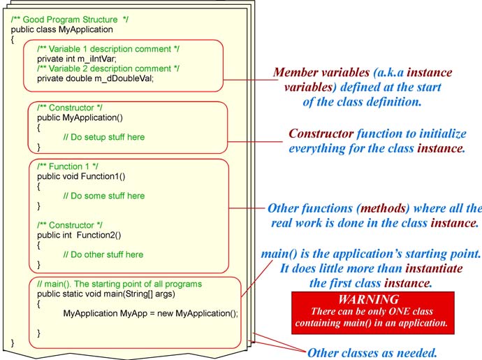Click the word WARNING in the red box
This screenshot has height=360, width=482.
(369, 299)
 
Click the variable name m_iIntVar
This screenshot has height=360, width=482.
(97, 59)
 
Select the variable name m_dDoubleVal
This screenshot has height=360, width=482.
(124, 78)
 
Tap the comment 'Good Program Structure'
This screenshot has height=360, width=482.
(71, 20)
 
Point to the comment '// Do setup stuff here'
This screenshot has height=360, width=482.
(104, 137)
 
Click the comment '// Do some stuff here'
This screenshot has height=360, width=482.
(104, 196)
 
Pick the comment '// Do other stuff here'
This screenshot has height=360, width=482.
(103, 254)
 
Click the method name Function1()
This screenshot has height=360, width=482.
(103, 176)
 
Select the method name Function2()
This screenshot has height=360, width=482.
(99, 235)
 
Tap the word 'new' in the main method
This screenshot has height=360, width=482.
(165, 314)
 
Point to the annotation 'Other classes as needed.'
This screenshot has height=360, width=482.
(372, 353)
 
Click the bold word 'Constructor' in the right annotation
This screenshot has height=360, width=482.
(321, 134)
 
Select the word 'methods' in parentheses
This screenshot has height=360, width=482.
(383, 208)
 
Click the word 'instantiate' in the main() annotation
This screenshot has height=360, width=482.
(434, 268)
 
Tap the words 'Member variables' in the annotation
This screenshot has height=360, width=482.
(321, 73)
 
